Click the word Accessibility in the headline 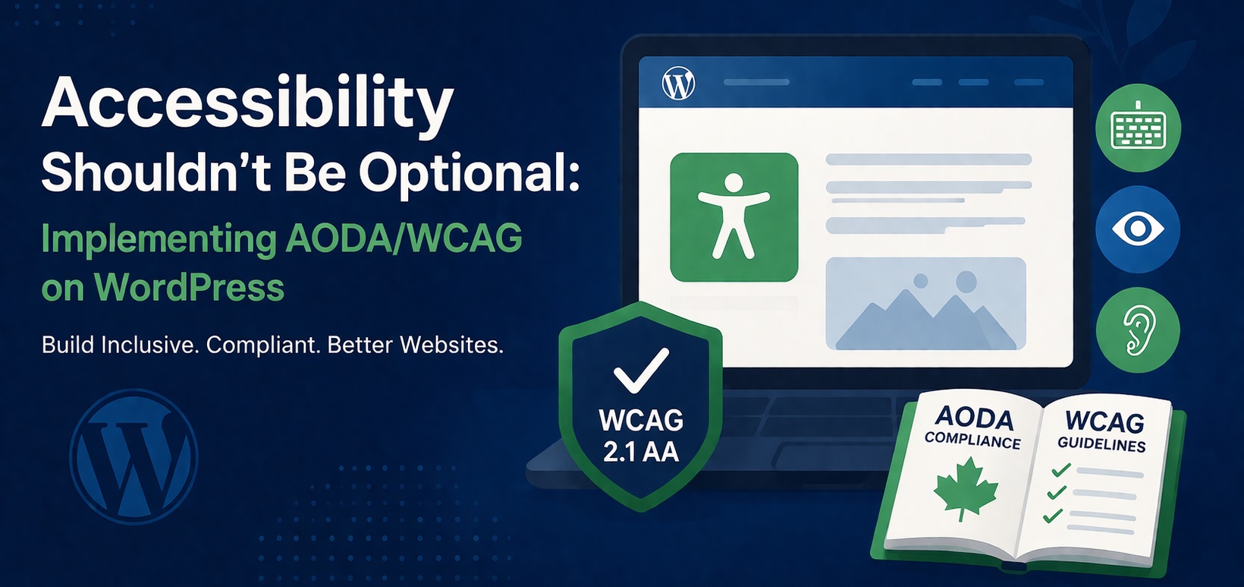coord(247,103)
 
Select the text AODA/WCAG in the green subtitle coord(404,238)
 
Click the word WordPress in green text coord(189,288)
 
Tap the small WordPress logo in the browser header coord(678,83)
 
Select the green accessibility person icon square coord(734,217)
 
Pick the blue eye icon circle coord(1138,229)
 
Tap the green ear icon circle coord(1138,330)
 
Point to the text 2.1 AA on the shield coord(641,452)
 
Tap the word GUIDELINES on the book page coord(1101,444)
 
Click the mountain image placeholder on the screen coord(925,305)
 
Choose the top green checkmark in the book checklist coord(1060,471)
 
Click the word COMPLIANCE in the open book coord(972,440)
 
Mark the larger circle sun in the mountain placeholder coord(966,282)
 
